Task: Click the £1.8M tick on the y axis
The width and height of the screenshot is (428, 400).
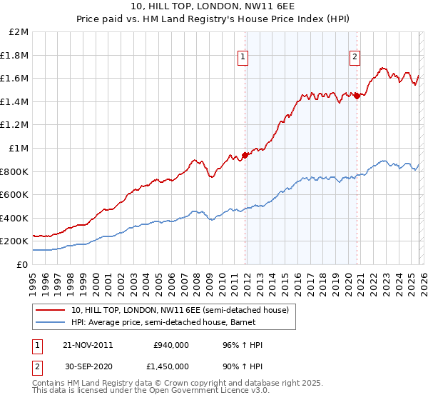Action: coord(15,55)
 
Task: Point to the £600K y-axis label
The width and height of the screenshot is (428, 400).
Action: coord(14,195)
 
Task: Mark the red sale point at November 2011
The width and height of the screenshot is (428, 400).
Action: coord(245,154)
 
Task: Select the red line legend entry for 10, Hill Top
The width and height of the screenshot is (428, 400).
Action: coord(178,310)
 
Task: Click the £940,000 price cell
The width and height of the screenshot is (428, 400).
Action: coord(170,345)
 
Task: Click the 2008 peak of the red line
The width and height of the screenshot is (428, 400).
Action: coord(194,159)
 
